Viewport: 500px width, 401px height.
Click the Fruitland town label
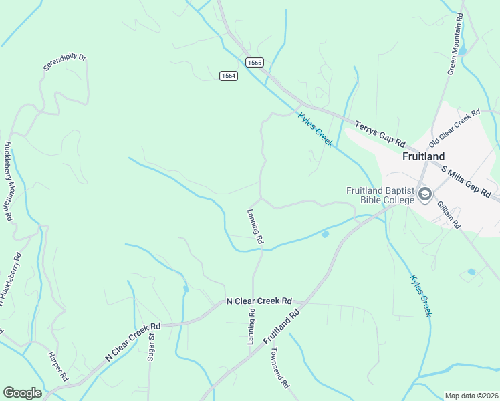tap(424, 156)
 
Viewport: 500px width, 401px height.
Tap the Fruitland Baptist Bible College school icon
tap(425, 194)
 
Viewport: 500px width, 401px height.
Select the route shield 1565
tap(254, 62)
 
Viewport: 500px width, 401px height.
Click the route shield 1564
tap(228, 76)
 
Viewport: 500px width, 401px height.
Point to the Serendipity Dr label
tap(66, 63)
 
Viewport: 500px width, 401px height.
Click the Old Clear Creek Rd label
tap(456, 129)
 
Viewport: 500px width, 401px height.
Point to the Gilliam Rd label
tap(449, 214)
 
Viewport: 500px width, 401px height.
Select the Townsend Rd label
tap(279, 366)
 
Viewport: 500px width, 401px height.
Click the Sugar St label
tap(152, 346)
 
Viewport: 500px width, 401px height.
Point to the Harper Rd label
tap(58, 366)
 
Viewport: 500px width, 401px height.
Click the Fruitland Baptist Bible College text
tap(380, 194)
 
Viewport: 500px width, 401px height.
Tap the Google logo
tap(22, 393)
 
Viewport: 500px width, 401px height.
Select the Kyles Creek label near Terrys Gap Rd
tap(316, 129)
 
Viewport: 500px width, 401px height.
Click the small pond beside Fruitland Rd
tap(325, 234)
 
